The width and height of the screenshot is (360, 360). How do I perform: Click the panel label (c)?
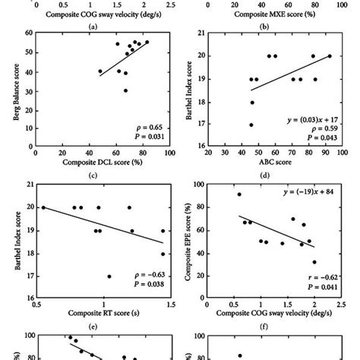point(94,175)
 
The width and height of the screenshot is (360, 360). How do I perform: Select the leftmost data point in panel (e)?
point(43,207)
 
